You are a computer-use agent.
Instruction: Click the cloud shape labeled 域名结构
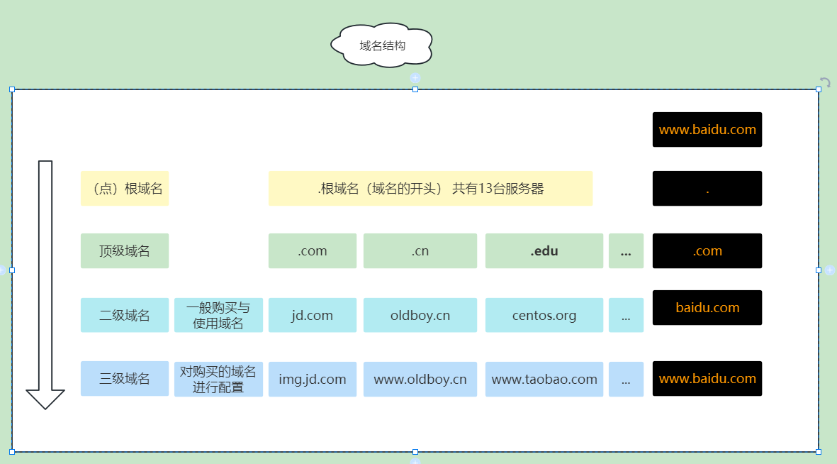pyautogui.click(x=382, y=46)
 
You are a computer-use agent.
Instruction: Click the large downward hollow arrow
pyautogui.click(x=45, y=284)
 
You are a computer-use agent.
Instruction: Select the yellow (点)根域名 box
pyautogui.click(x=125, y=189)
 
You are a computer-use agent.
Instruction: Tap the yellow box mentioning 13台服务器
pyautogui.click(x=430, y=189)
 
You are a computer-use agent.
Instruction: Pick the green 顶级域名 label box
pyautogui.click(x=125, y=251)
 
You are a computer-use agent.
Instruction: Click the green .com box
pyautogui.click(x=313, y=251)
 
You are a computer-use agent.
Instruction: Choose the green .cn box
pyautogui.click(x=420, y=251)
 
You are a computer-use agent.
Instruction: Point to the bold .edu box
pyautogui.click(x=544, y=251)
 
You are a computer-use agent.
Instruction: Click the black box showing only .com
pyautogui.click(x=707, y=251)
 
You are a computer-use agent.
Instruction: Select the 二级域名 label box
pyautogui.click(x=125, y=315)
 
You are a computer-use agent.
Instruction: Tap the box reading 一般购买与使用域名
pyautogui.click(x=218, y=315)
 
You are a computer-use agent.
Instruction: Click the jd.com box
pyautogui.click(x=313, y=315)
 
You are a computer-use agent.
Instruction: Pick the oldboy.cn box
pyautogui.click(x=420, y=315)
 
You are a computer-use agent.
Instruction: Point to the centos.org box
pyautogui.click(x=544, y=315)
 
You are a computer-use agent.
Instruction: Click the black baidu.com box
pyautogui.click(x=707, y=308)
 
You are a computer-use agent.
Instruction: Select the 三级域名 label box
pyautogui.click(x=125, y=379)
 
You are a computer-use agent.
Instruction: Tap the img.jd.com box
pyautogui.click(x=313, y=379)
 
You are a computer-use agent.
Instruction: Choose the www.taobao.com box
pyautogui.click(x=544, y=379)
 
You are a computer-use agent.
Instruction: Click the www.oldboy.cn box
pyautogui.click(x=420, y=379)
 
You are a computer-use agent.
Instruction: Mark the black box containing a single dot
pyautogui.click(x=707, y=189)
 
